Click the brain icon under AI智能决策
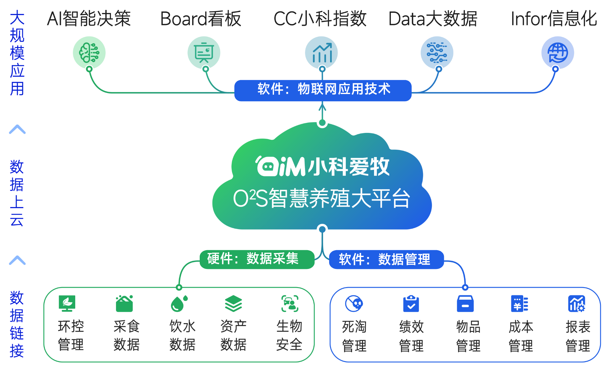pos(89,53)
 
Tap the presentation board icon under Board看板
pos(204,53)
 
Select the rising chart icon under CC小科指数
pos(322,53)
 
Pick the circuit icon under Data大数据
pos(437,53)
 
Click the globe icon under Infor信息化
pos(557,53)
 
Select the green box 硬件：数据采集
pos(257,259)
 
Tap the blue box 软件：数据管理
pos(386,260)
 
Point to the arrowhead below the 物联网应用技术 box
pos(322,107)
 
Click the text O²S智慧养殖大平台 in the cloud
pos(322,198)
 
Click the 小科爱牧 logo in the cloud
pos(322,166)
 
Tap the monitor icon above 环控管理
pos(67,303)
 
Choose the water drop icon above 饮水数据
pos(179,303)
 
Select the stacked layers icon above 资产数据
pos(234,303)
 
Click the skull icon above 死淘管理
pos(354,303)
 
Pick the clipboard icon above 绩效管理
pos(411,303)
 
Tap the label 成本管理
pos(521,336)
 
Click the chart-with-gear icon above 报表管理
pos(577,303)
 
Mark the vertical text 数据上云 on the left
pos(17,193)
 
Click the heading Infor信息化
pos(554,19)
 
